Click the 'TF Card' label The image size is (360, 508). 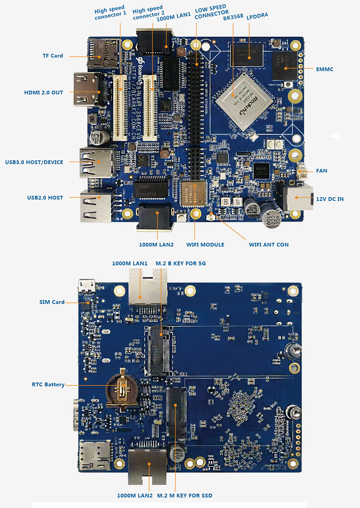[52, 56]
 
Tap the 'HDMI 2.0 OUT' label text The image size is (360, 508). [43, 93]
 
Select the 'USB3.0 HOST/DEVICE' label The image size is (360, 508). [34, 162]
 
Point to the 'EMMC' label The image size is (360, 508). [324, 69]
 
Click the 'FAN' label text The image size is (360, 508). [322, 171]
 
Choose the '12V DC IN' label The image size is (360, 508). [330, 199]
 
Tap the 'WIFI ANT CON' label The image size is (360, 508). [269, 245]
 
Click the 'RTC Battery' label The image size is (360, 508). [48, 384]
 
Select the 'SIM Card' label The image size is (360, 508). [52, 302]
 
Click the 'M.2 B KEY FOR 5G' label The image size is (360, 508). [181, 263]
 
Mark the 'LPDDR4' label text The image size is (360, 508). [257, 16]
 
